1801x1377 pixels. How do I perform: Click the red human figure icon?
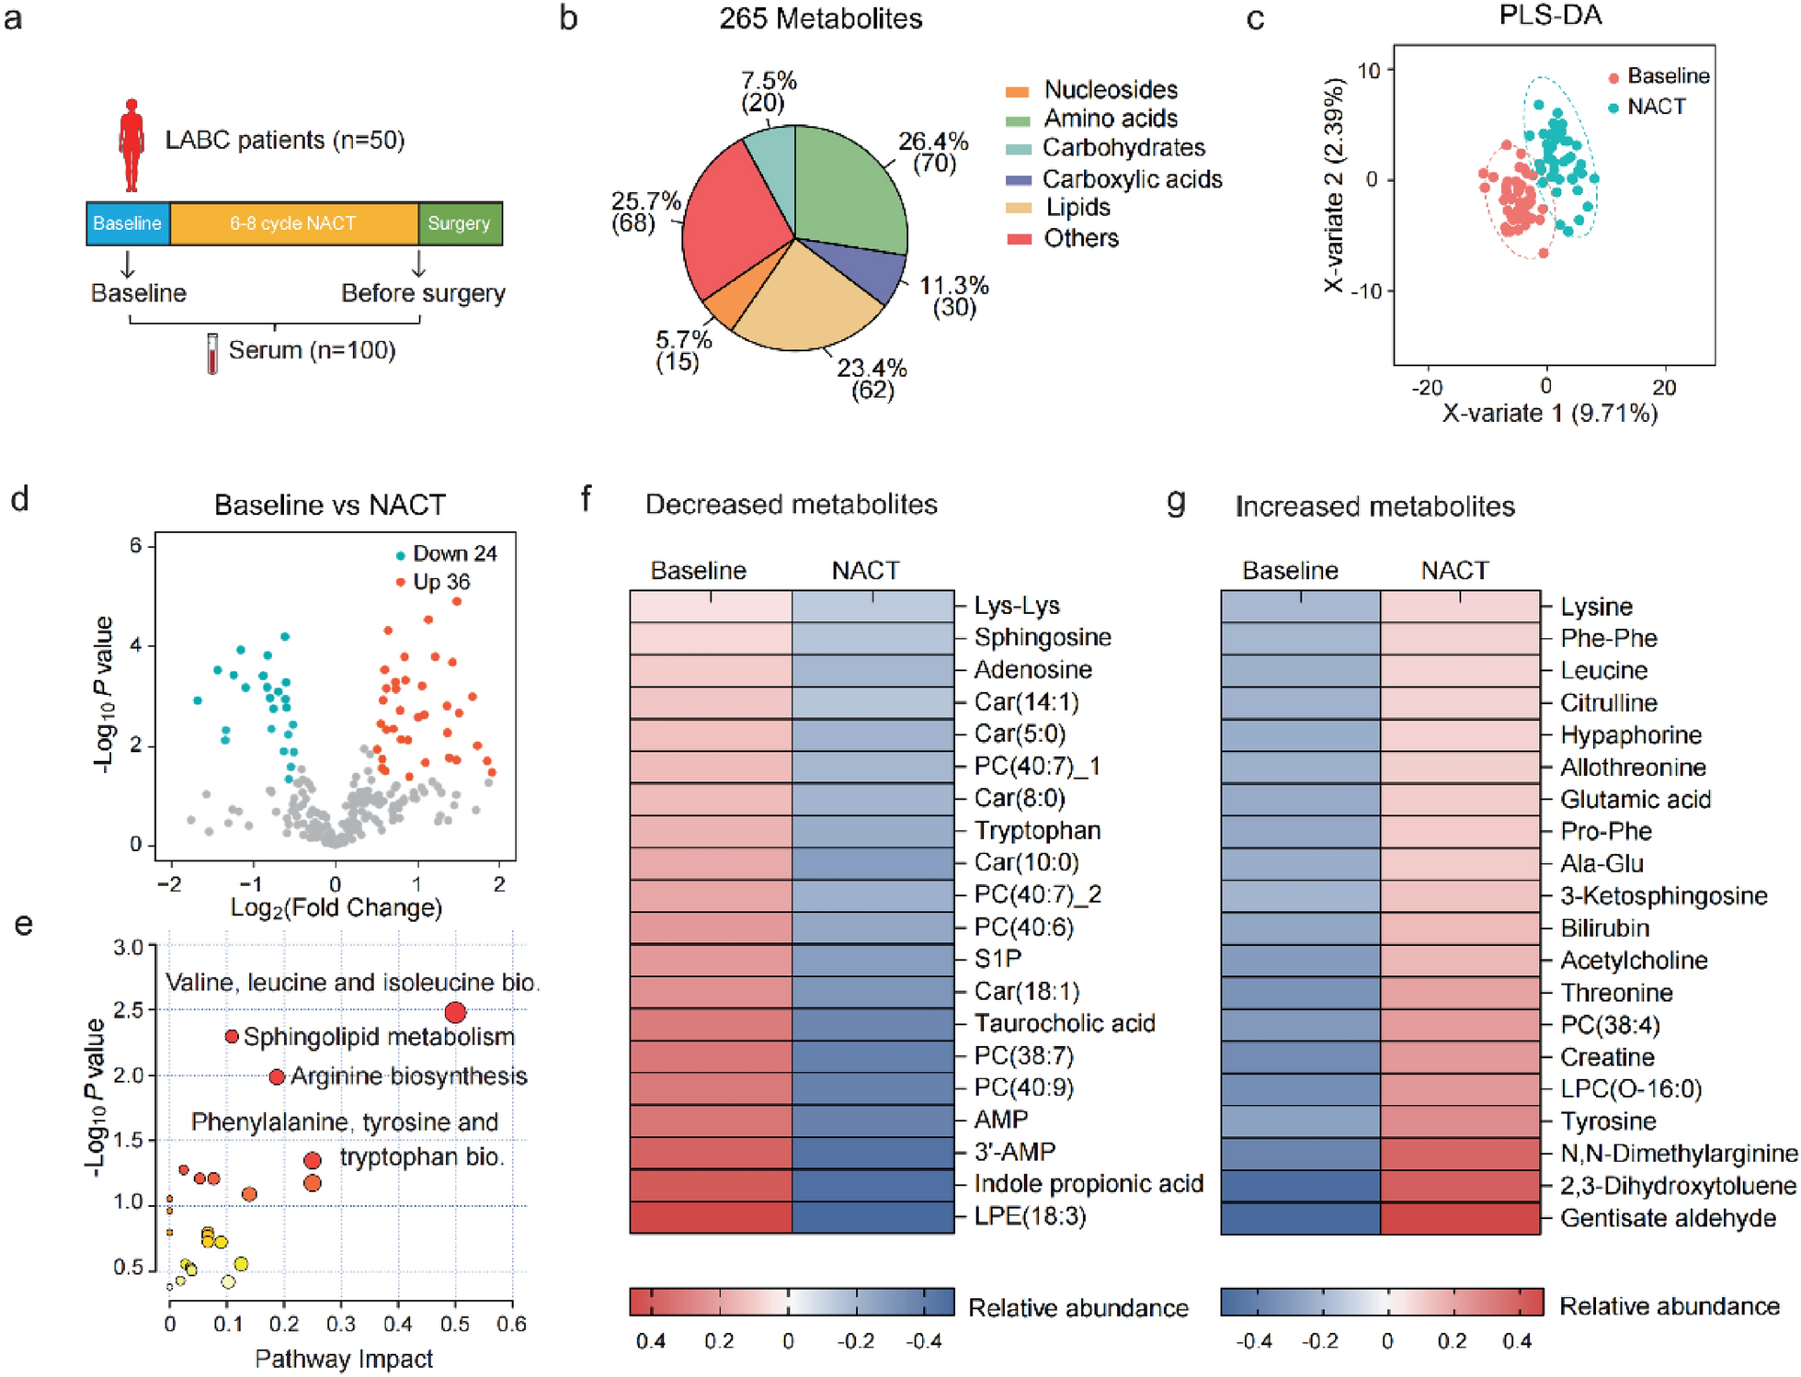tap(131, 145)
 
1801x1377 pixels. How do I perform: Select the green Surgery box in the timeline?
tap(460, 223)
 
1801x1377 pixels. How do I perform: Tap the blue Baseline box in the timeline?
tap(128, 223)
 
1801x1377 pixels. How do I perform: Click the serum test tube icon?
tap(212, 353)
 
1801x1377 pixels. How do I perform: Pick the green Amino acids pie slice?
tap(846, 188)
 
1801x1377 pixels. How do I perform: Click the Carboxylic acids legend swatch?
tap(1019, 179)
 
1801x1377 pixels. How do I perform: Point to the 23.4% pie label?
tap(872, 369)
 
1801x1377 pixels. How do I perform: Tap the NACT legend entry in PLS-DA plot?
tap(1656, 107)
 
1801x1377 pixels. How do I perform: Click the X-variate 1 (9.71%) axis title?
tap(1549, 414)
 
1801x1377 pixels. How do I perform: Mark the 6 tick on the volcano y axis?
tap(136, 546)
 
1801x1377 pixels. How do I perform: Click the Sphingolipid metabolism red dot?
tap(232, 1037)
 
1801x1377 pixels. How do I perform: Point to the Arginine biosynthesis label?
tap(408, 1076)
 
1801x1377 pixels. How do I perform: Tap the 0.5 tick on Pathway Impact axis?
tap(455, 1325)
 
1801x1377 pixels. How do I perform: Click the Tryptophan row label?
tap(1037, 830)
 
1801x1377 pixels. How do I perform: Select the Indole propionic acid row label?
tap(1089, 1184)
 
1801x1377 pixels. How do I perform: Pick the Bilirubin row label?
tap(1604, 928)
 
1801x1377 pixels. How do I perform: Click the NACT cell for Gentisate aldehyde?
tap(1460, 1218)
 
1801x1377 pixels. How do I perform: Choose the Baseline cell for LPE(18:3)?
tap(711, 1217)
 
